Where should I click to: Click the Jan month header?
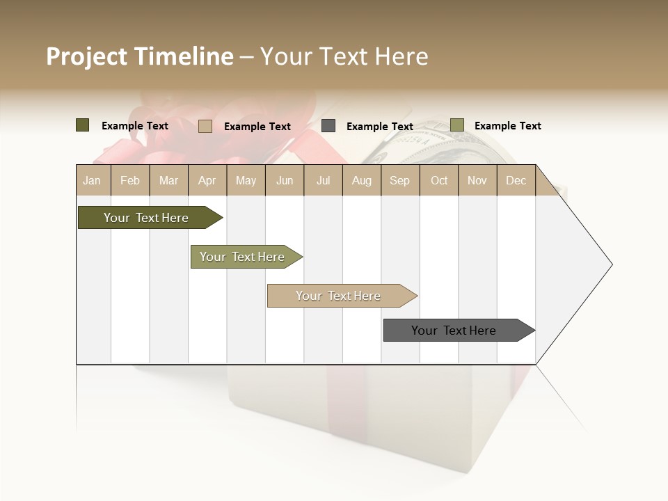pyautogui.click(x=92, y=180)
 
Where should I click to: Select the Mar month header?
pyautogui.click(x=168, y=180)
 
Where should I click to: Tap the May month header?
pyautogui.click(x=246, y=180)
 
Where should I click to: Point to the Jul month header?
pyautogui.click(x=323, y=180)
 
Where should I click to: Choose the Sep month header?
pyautogui.click(x=399, y=180)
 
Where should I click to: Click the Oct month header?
pyautogui.click(x=439, y=180)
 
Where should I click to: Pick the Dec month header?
pyautogui.click(x=516, y=180)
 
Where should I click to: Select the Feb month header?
pyautogui.click(x=130, y=180)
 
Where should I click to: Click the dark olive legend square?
pyautogui.click(x=83, y=125)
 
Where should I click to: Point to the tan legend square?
pyautogui.click(x=205, y=126)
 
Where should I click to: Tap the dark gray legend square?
pyautogui.click(x=328, y=125)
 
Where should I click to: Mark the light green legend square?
pyautogui.click(x=456, y=125)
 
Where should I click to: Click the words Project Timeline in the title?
pyautogui.click(x=140, y=56)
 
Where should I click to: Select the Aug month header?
pyautogui.click(x=361, y=180)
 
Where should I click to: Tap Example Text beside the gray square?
pyautogui.click(x=379, y=126)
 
